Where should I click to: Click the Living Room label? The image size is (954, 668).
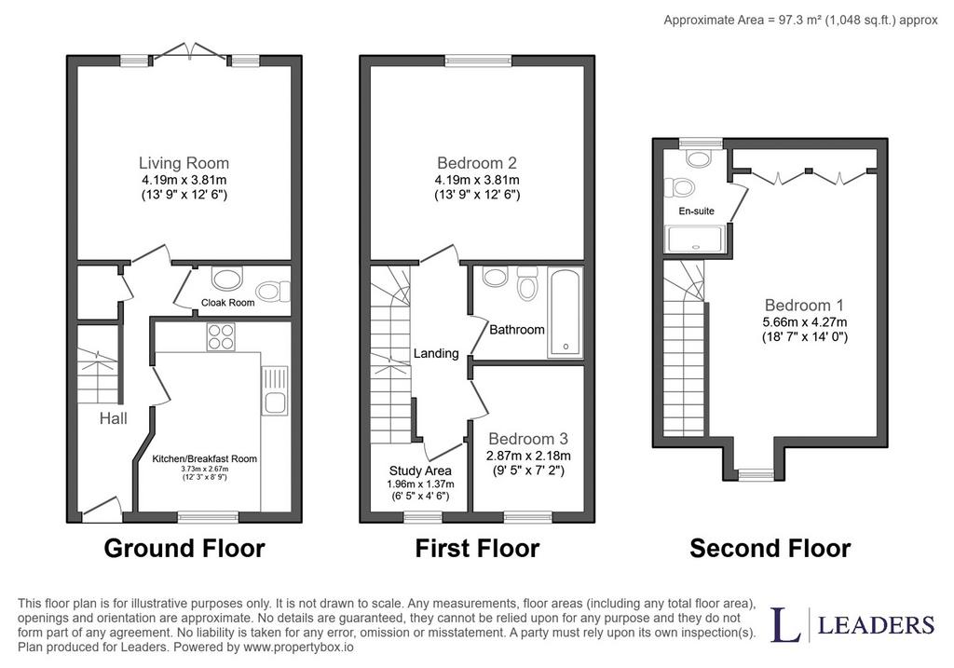184,163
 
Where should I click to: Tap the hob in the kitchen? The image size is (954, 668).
221,336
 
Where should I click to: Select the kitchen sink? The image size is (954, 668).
275,390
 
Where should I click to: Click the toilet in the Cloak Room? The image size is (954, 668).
273,291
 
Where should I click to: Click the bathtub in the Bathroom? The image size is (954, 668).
566,312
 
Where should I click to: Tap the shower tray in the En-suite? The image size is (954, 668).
695,239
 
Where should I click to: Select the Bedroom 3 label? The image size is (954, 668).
528,439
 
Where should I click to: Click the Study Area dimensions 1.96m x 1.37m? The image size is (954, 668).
420,484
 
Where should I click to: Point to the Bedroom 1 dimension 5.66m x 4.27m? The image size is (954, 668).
804,322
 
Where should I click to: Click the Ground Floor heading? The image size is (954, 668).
184,548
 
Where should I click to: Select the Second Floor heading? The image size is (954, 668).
770,548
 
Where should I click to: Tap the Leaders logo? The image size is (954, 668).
852,624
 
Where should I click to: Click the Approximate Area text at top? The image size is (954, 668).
800,20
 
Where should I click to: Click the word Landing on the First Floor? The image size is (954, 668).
436,353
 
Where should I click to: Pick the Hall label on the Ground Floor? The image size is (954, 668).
114,418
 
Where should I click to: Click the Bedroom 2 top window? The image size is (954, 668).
478,61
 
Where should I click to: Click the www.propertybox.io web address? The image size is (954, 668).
298,648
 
